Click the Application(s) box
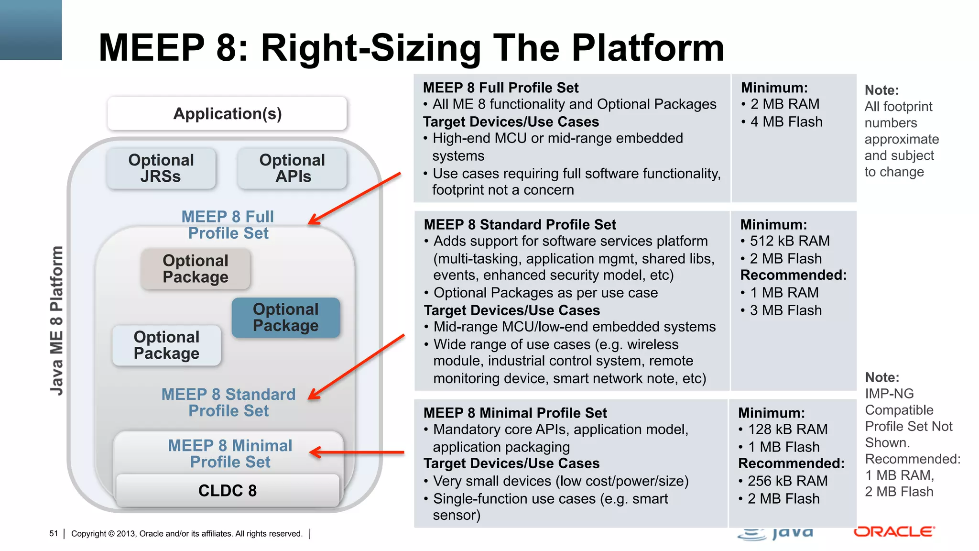pyautogui.click(x=227, y=114)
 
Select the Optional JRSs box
pyautogui.click(x=161, y=168)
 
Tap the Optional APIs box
pyautogui.click(x=292, y=168)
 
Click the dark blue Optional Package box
pyautogui.click(x=286, y=318)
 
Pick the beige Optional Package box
pyautogui.click(x=195, y=269)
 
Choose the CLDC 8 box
pyautogui.click(x=228, y=491)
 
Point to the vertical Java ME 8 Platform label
pyautogui.click(x=56, y=320)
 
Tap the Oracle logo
pyautogui.click(x=894, y=532)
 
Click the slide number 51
pyautogui.click(x=54, y=534)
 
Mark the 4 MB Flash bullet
pyautogui.click(x=786, y=122)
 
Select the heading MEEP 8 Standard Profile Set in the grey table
pyautogui.click(x=520, y=225)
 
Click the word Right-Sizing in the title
pyautogui.click(x=371, y=48)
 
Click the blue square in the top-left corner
pyautogui.click(x=31, y=30)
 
